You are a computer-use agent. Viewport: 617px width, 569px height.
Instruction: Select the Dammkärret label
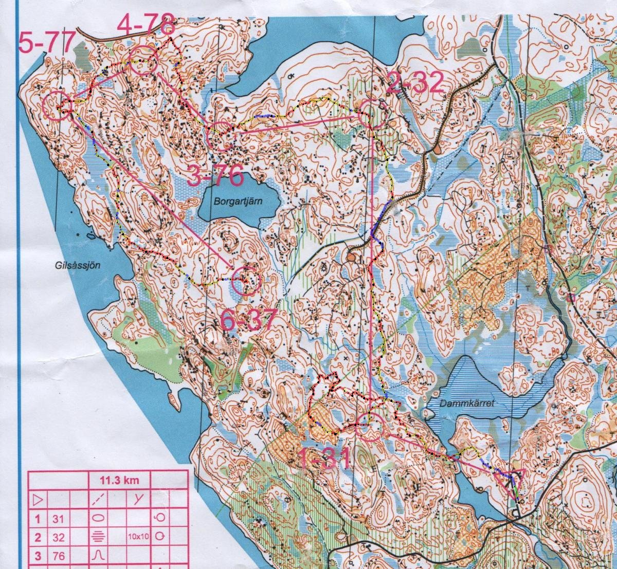[466, 403]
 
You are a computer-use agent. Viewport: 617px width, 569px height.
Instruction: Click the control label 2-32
[414, 83]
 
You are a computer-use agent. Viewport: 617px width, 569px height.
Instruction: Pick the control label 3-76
[215, 176]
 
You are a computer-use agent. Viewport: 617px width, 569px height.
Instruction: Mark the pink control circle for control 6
[246, 281]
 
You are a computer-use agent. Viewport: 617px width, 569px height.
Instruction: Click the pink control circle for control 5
[56, 106]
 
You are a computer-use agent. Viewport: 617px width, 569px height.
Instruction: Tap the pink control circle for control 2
[372, 115]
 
